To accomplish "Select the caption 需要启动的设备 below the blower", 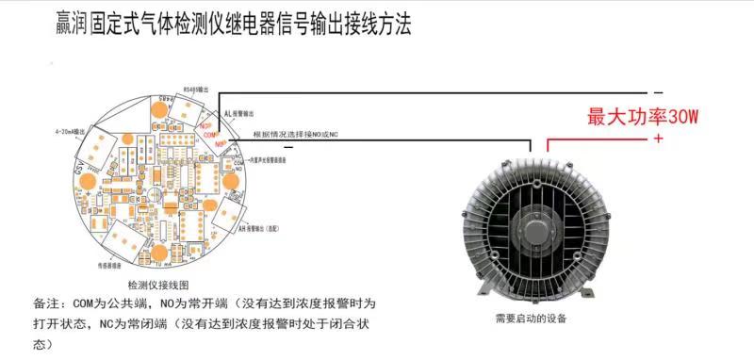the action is [x=530, y=319].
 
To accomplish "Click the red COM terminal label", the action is [x=209, y=135].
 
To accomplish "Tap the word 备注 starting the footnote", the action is [x=43, y=304].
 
